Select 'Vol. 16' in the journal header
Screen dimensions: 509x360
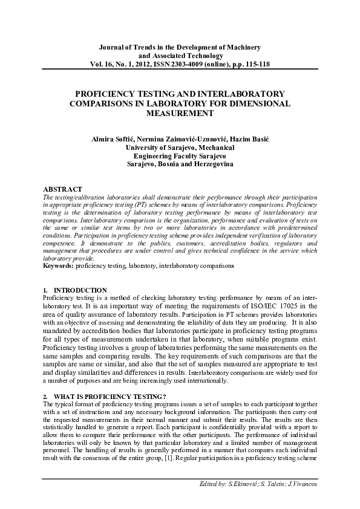point(101,63)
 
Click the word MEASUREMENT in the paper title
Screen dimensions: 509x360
point(180,113)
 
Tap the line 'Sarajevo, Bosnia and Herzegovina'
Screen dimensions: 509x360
point(180,164)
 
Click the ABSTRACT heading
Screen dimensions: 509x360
point(64,189)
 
